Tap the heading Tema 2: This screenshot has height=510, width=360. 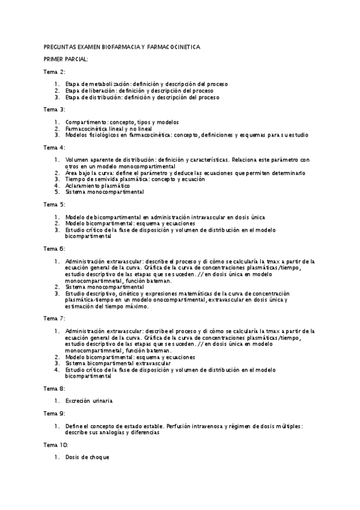(x=55, y=72)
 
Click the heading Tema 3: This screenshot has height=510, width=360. (x=55, y=109)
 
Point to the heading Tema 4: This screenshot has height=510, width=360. (x=55, y=147)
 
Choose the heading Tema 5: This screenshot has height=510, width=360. (x=55, y=204)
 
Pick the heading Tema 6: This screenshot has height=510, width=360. (x=55, y=248)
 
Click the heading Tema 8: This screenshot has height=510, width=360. (x=55, y=388)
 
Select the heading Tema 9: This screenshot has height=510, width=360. (x=55, y=413)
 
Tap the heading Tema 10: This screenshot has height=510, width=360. (x=56, y=444)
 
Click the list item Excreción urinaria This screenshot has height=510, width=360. (x=89, y=401)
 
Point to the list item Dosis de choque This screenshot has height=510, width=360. (x=87, y=457)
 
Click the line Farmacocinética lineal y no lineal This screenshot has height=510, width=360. (x=109, y=129)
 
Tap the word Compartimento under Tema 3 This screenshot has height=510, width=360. (x=87, y=122)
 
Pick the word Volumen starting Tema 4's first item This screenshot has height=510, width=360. (x=78, y=160)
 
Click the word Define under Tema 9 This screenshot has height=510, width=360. (x=74, y=426)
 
